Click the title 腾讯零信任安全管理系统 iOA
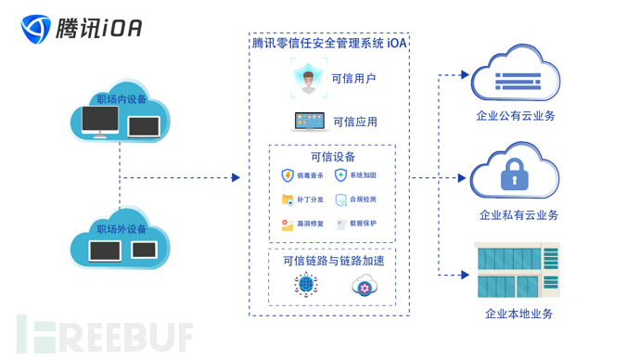(x=329, y=43)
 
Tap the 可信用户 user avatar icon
(x=306, y=78)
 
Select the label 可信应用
(x=354, y=122)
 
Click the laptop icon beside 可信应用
(x=310, y=122)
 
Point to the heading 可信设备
(x=332, y=157)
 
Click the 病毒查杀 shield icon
(x=288, y=175)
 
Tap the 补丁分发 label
(x=311, y=199)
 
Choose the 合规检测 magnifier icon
(x=340, y=199)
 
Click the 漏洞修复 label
(x=311, y=224)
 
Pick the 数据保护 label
(x=363, y=224)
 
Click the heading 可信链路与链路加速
(x=332, y=261)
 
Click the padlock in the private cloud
(x=514, y=174)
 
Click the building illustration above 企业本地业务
(x=517, y=270)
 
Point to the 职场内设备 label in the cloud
(x=122, y=99)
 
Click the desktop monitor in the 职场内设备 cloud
(x=100, y=121)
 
